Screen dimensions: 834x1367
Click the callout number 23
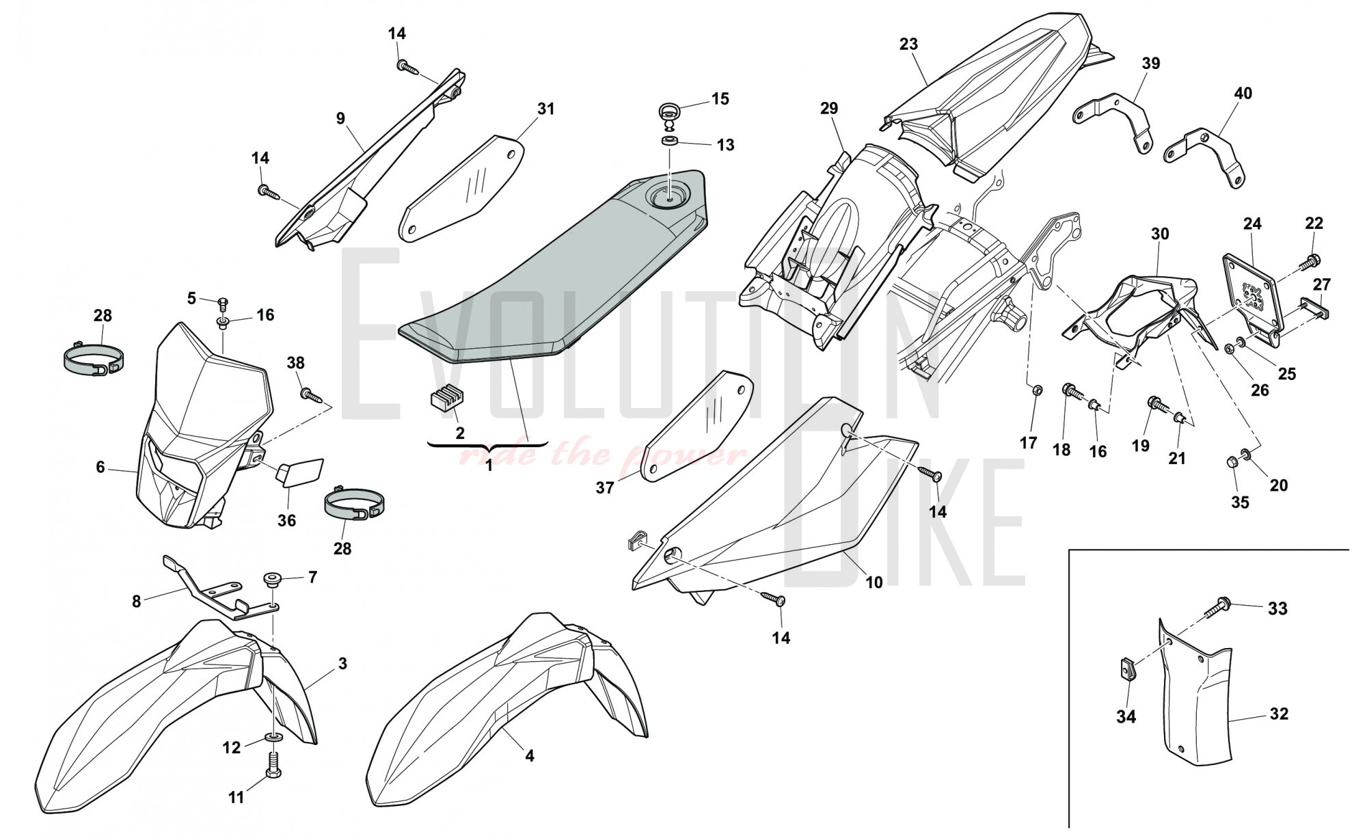click(x=908, y=44)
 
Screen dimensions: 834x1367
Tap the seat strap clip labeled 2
click(x=441, y=401)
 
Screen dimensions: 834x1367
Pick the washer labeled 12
click(x=274, y=738)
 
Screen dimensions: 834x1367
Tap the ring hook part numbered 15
click(x=668, y=113)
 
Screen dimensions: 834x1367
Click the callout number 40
click(x=1243, y=93)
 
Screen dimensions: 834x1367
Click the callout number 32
click(x=1278, y=714)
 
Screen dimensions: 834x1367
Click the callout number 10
click(x=874, y=582)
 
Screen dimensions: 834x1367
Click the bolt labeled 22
click(x=1310, y=260)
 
